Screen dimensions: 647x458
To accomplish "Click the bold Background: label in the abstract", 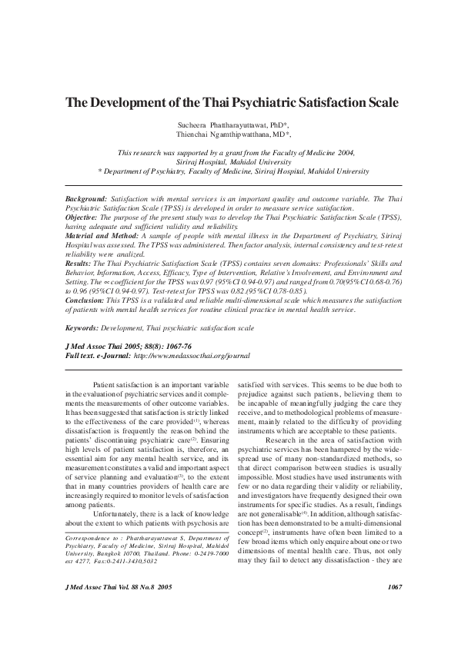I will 86,198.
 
